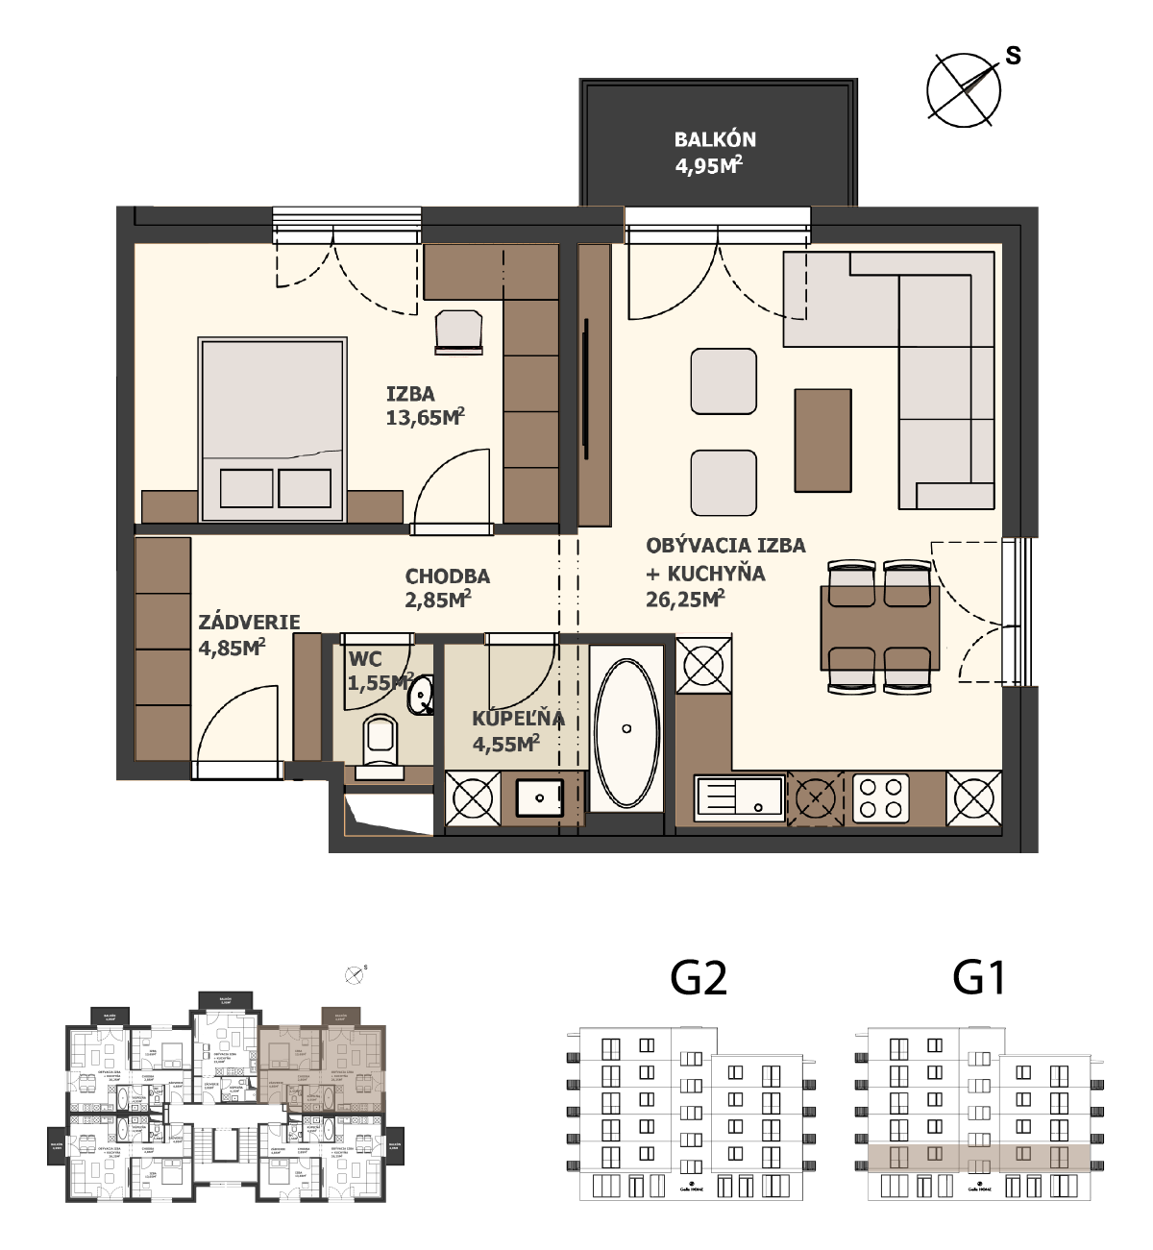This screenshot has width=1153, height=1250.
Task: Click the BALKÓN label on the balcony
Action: coord(715,139)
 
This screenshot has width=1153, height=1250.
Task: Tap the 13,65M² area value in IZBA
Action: coord(424,417)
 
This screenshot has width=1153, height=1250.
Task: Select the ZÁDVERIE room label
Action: coord(249,623)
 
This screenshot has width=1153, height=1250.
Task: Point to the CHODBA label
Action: coord(447,576)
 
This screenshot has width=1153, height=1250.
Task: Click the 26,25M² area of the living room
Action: coord(684,600)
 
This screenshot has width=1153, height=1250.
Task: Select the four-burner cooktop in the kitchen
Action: coord(881,797)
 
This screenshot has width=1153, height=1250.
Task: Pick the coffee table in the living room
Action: coord(822,440)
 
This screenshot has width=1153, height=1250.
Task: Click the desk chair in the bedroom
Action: coord(458,331)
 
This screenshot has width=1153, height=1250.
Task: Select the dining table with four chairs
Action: coord(879,627)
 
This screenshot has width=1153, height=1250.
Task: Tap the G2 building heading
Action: coord(698,978)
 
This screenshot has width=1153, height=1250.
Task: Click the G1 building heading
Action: coord(978,978)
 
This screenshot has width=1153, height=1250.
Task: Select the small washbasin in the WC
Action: coord(421,696)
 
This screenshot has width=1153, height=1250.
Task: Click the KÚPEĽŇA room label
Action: coord(517,719)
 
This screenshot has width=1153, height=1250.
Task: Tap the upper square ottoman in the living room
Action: coord(724,381)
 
